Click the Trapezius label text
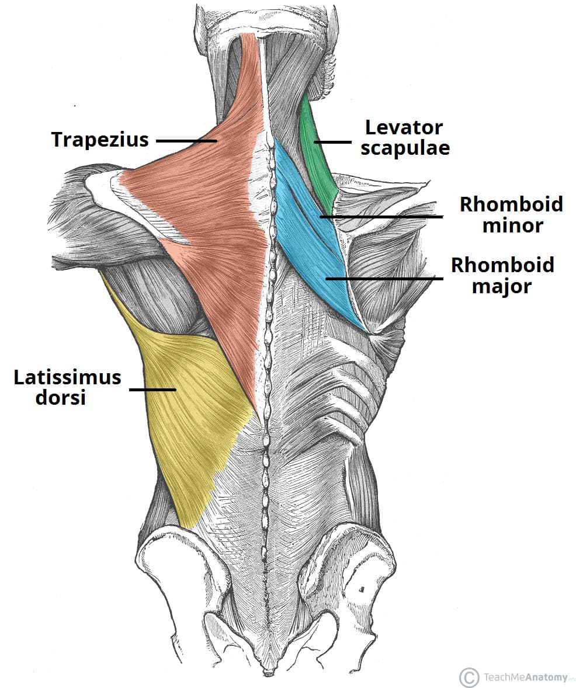tap(100, 140)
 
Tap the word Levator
tap(404, 127)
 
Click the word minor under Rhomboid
tap(512, 225)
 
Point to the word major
tap(502, 286)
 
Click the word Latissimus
tap(68, 377)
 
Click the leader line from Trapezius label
tap(186, 141)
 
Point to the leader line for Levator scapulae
tap(333, 141)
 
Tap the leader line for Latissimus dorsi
tap(152, 389)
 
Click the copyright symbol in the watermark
tap(469, 677)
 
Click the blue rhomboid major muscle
tap(327, 257)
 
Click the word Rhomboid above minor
tap(511, 204)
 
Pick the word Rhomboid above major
tap(502, 266)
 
